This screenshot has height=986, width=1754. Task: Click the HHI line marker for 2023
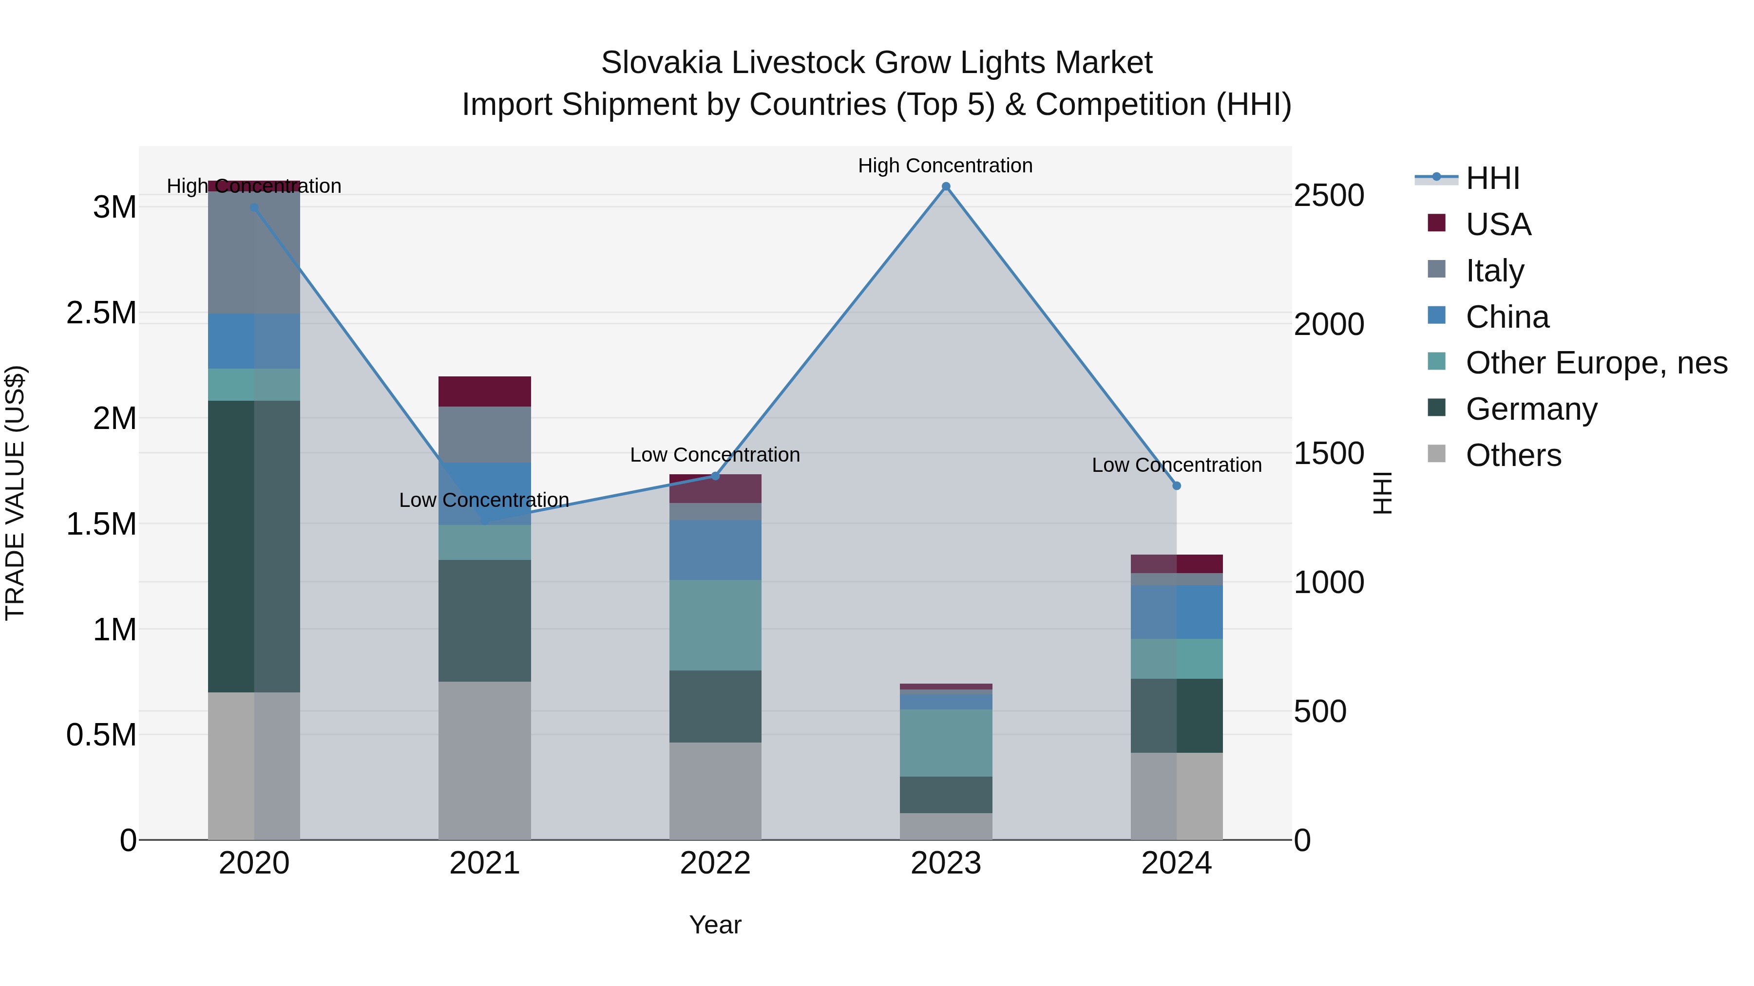tap(946, 186)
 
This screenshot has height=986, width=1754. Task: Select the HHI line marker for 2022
tap(715, 476)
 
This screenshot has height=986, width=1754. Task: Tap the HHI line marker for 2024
tap(1177, 486)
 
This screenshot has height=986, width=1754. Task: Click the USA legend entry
tap(1498, 224)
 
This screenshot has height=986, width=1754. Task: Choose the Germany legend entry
tap(1531, 409)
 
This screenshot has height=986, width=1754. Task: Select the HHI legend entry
tap(1492, 178)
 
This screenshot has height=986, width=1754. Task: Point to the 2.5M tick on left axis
tap(101, 313)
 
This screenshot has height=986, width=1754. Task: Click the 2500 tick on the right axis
tap(1329, 195)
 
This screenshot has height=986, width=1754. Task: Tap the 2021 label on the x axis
tap(484, 863)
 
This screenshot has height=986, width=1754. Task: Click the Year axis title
tap(715, 925)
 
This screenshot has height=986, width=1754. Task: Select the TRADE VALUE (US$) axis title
tap(15, 493)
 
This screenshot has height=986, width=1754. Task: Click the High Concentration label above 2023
tap(945, 166)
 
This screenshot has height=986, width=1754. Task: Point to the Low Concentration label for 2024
tap(1177, 465)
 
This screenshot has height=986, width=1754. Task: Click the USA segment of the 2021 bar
tap(484, 391)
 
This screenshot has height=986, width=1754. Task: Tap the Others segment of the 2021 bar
tap(484, 760)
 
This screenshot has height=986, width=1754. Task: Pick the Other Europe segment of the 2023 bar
tap(946, 743)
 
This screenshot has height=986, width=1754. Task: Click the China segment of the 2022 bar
tap(715, 550)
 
